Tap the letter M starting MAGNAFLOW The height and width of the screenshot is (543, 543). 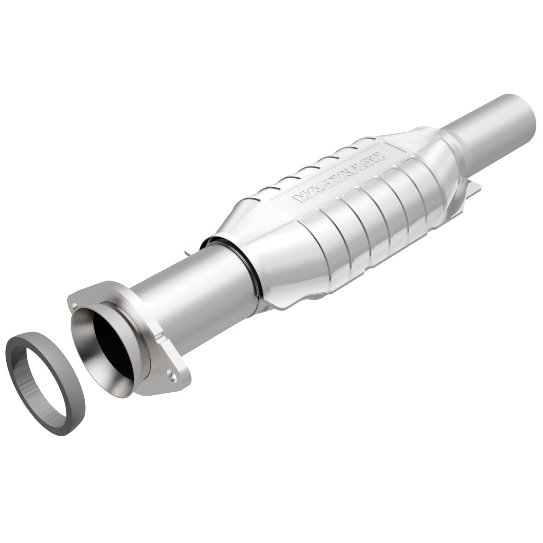pos(301,198)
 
